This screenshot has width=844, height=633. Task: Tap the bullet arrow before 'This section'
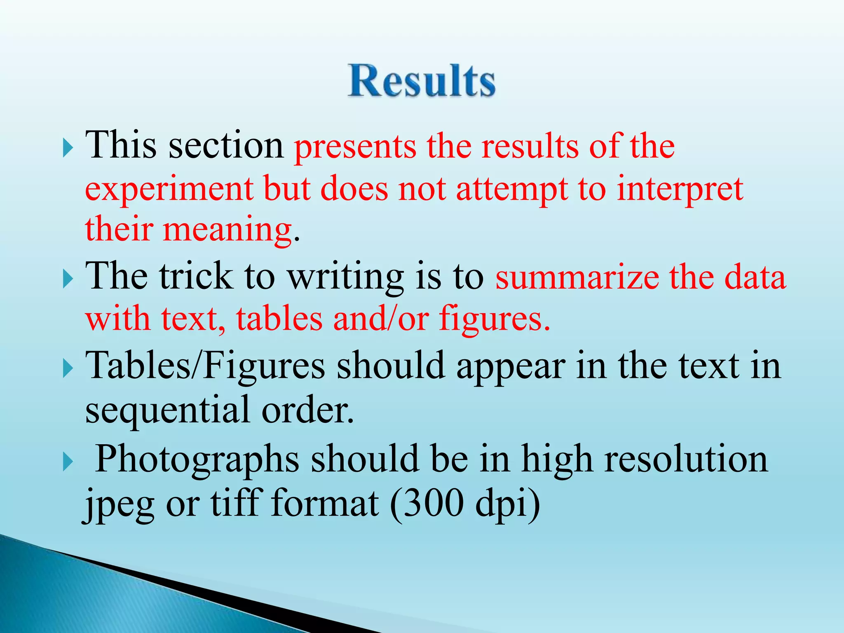(68, 149)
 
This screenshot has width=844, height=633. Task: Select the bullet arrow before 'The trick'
(68, 280)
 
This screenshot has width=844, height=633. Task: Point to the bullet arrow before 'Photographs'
(68, 462)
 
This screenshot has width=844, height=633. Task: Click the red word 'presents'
(355, 148)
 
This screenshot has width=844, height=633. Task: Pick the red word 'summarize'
(577, 278)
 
